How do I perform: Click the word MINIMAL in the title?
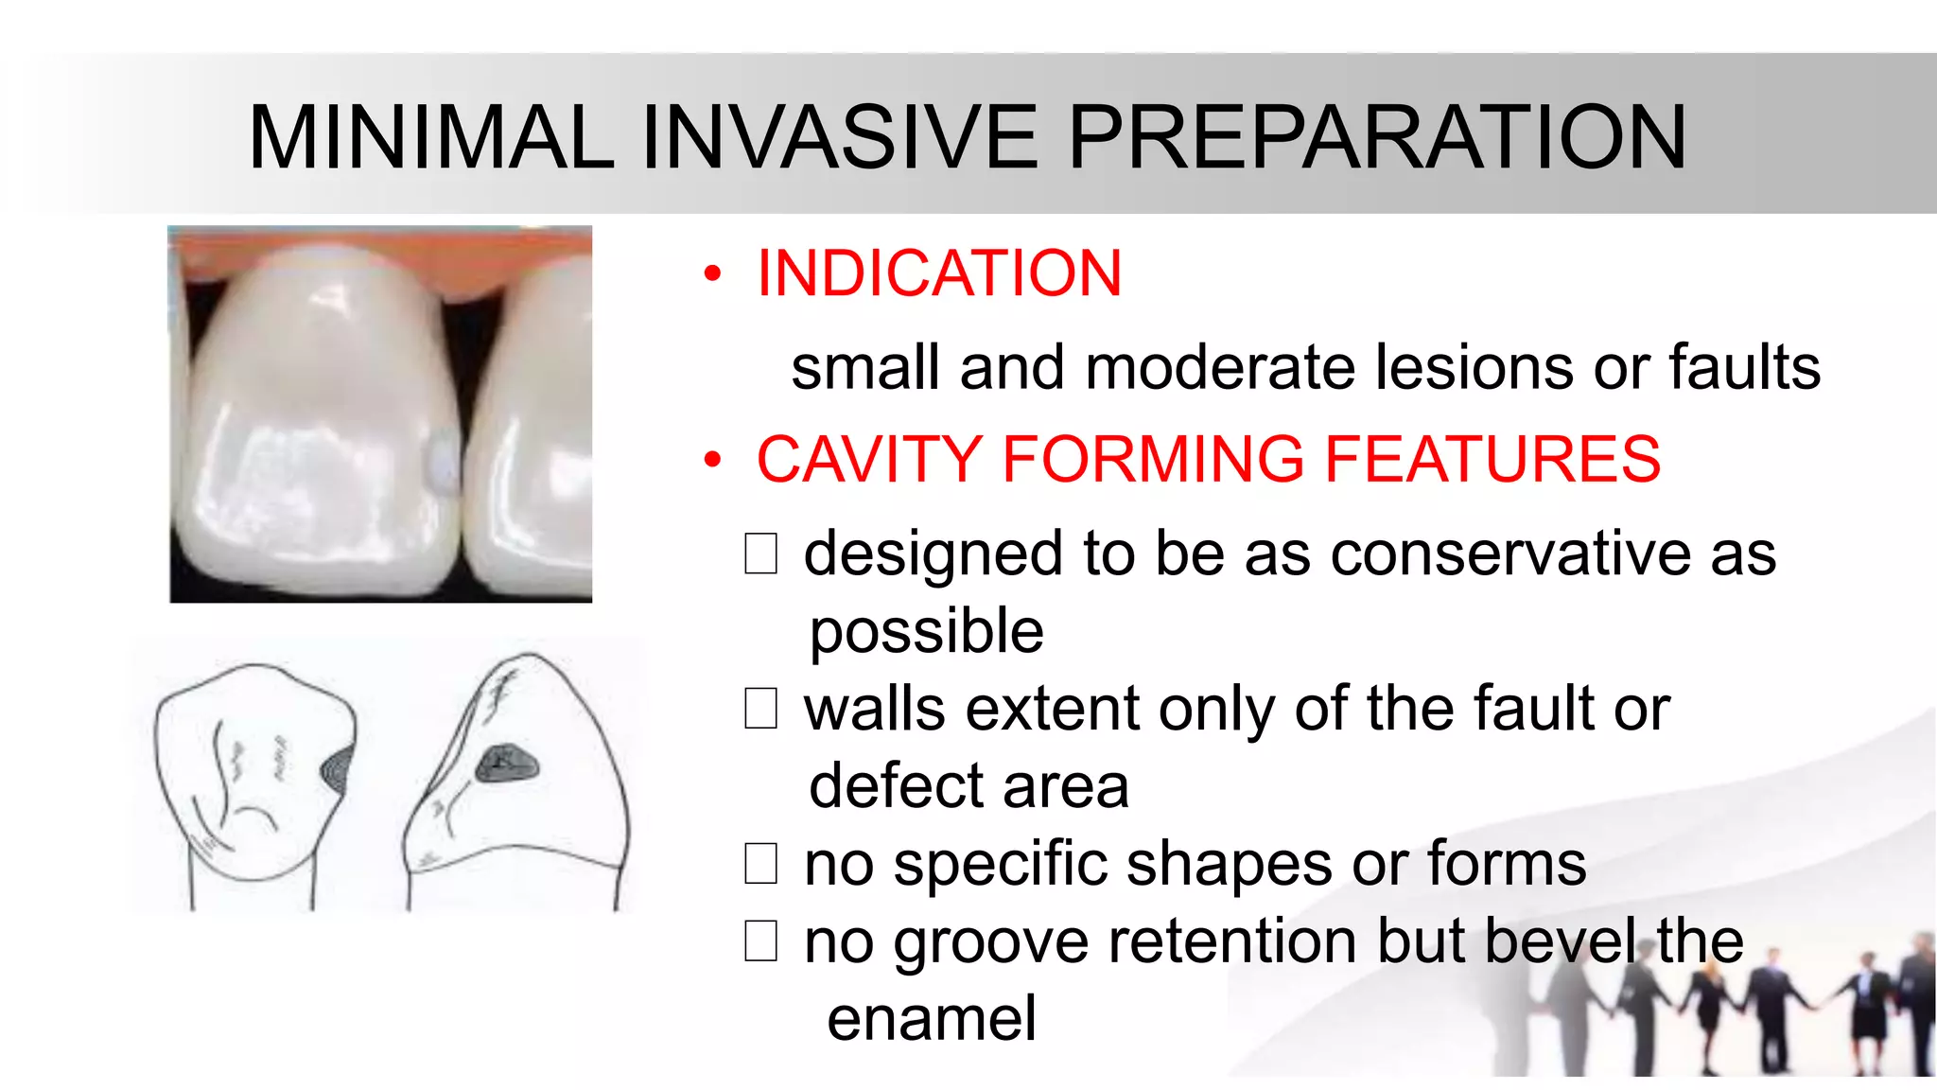[x=431, y=138]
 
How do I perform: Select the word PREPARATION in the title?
[x=1377, y=138]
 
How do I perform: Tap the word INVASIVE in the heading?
[x=840, y=138]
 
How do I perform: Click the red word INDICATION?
[x=939, y=273]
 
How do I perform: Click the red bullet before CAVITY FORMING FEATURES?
[x=712, y=461]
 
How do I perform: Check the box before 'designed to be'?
[x=760, y=554]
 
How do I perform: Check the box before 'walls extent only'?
[x=760, y=709]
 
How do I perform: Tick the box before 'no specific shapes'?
[x=760, y=864]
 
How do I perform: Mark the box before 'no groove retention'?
[x=760, y=941]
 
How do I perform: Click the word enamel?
[x=932, y=1020]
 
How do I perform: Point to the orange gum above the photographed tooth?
[x=378, y=240]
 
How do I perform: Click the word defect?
[x=896, y=786]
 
